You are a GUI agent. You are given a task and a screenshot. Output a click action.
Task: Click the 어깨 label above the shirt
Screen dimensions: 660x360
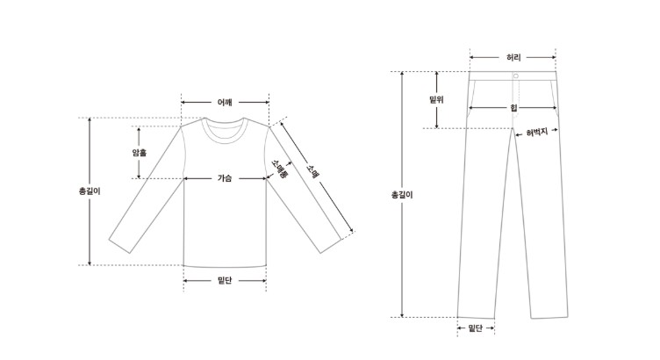click(x=225, y=103)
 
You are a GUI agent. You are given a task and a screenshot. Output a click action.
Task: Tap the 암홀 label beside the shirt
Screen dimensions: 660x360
click(x=140, y=153)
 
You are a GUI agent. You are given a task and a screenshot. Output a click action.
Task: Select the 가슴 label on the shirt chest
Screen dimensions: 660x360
click(x=225, y=178)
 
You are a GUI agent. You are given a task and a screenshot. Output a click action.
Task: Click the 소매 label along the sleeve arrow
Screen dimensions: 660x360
click(x=312, y=172)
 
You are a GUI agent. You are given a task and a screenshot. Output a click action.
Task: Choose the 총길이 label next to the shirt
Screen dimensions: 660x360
click(x=90, y=191)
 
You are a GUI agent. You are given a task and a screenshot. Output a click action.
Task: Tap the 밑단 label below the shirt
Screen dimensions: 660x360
click(x=225, y=280)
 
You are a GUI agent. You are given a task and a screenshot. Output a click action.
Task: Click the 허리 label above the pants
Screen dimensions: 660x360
click(x=513, y=57)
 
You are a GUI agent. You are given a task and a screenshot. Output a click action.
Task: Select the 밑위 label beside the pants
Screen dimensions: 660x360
click(x=436, y=100)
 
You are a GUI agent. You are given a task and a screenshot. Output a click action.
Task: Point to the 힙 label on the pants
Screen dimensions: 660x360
click(x=513, y=108)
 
